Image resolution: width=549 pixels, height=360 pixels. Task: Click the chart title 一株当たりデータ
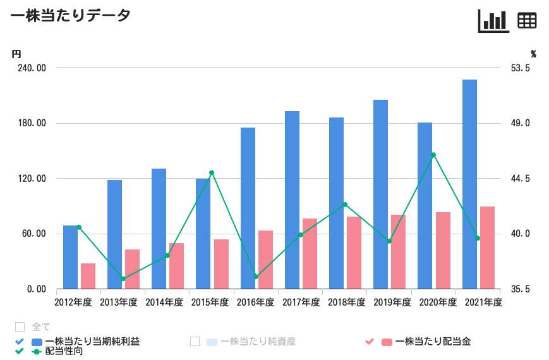tap(71, 16)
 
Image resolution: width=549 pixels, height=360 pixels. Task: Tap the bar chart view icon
tap(493, 21)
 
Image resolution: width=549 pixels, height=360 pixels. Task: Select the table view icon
tap(527, 21)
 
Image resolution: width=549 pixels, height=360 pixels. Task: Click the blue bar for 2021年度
tap(469, 184)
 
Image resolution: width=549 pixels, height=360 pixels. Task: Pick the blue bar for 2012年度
tap(70, 257)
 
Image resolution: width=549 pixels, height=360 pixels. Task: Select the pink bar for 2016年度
tap(266, 260)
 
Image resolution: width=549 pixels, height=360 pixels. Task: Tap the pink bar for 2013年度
tap(132, 269)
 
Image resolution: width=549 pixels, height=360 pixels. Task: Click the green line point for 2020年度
tap(433, 155)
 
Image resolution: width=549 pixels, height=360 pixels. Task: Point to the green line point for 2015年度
tap(212, 172)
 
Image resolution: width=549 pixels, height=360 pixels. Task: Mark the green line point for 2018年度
tap(345, 205)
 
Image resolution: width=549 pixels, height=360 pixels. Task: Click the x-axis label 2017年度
tap(301, 303)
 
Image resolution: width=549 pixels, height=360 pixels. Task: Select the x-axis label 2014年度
tap(164, 303)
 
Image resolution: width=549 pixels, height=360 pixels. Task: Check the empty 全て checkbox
tap(20, 327)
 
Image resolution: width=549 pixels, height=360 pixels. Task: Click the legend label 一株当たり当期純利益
tap(93, 342)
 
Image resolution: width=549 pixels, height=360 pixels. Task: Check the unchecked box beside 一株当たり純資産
tap(195, 342)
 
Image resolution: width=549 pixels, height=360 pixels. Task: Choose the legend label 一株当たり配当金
tap(433, 342)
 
